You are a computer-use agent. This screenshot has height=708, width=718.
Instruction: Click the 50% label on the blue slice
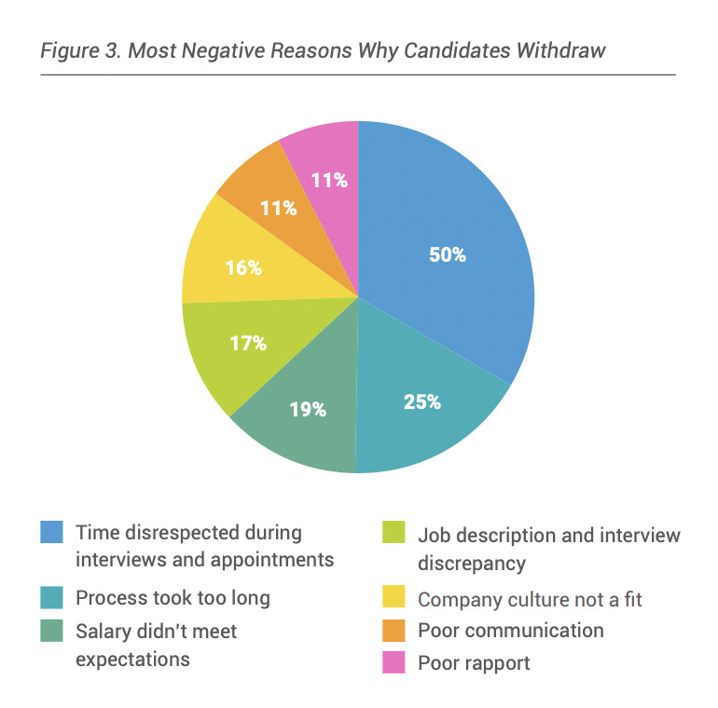coord(448,254)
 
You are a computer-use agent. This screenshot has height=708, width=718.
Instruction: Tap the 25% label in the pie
coord(422,402)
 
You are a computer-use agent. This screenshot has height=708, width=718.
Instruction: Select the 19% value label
coord(308,408)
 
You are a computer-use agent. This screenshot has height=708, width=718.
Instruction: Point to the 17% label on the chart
coord(248,343)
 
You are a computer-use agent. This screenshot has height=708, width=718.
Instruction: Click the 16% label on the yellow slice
coord(243,268)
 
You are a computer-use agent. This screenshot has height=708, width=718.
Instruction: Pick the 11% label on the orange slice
coord(279,208)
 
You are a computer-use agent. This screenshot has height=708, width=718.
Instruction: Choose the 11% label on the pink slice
coord(329,180)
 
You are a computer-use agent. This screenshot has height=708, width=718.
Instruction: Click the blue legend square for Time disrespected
coord(51,532)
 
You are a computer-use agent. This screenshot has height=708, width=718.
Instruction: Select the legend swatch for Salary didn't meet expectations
coord(51,631)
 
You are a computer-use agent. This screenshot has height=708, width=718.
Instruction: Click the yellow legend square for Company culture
coord(394,598)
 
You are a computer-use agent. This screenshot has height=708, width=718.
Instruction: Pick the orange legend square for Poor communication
coord(394,631)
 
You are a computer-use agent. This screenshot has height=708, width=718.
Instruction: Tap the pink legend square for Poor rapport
coord(394,663)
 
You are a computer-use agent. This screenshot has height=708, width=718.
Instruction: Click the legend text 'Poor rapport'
coord(474,663)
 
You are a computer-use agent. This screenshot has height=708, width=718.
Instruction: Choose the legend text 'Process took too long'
coord(173,598)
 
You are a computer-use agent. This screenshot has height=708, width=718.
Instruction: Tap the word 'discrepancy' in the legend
coord(472,564)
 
